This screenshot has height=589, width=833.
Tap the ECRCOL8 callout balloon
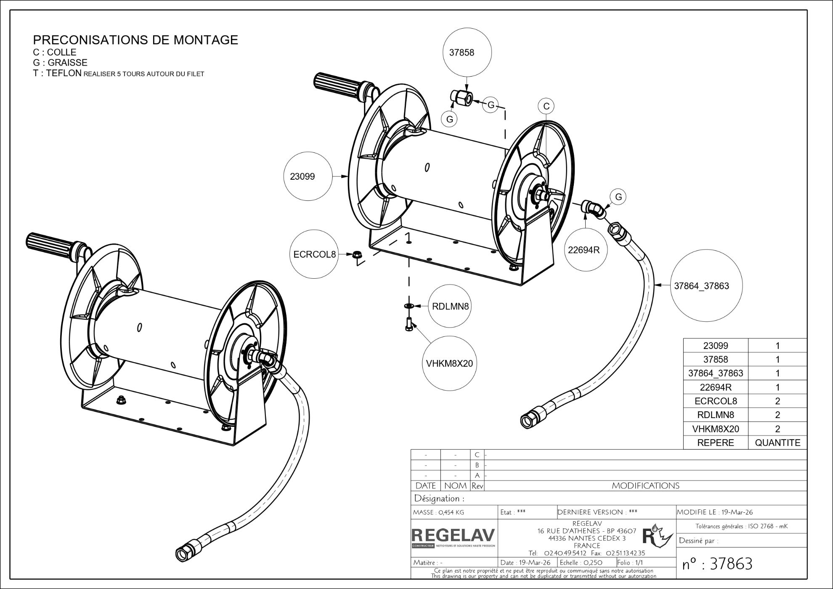coord(315,255)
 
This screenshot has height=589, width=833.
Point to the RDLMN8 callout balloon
coord(450,306)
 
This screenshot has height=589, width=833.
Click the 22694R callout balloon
coord(584,250)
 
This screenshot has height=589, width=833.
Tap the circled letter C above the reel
coord(546,106)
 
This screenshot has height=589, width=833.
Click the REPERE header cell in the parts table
coord(715,443)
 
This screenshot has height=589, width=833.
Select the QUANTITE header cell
coord(777,443)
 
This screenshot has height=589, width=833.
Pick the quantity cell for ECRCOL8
coord(777,401)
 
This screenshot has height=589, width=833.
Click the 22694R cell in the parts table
coord(715,387)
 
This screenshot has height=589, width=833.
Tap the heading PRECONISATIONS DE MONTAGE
coord(135,40)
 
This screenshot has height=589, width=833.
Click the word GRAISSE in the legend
coord(67,63)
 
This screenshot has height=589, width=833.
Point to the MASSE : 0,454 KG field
coord(439,512)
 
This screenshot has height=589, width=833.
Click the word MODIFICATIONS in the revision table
coord(645,486)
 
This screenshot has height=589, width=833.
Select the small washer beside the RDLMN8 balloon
coord(408,305)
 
